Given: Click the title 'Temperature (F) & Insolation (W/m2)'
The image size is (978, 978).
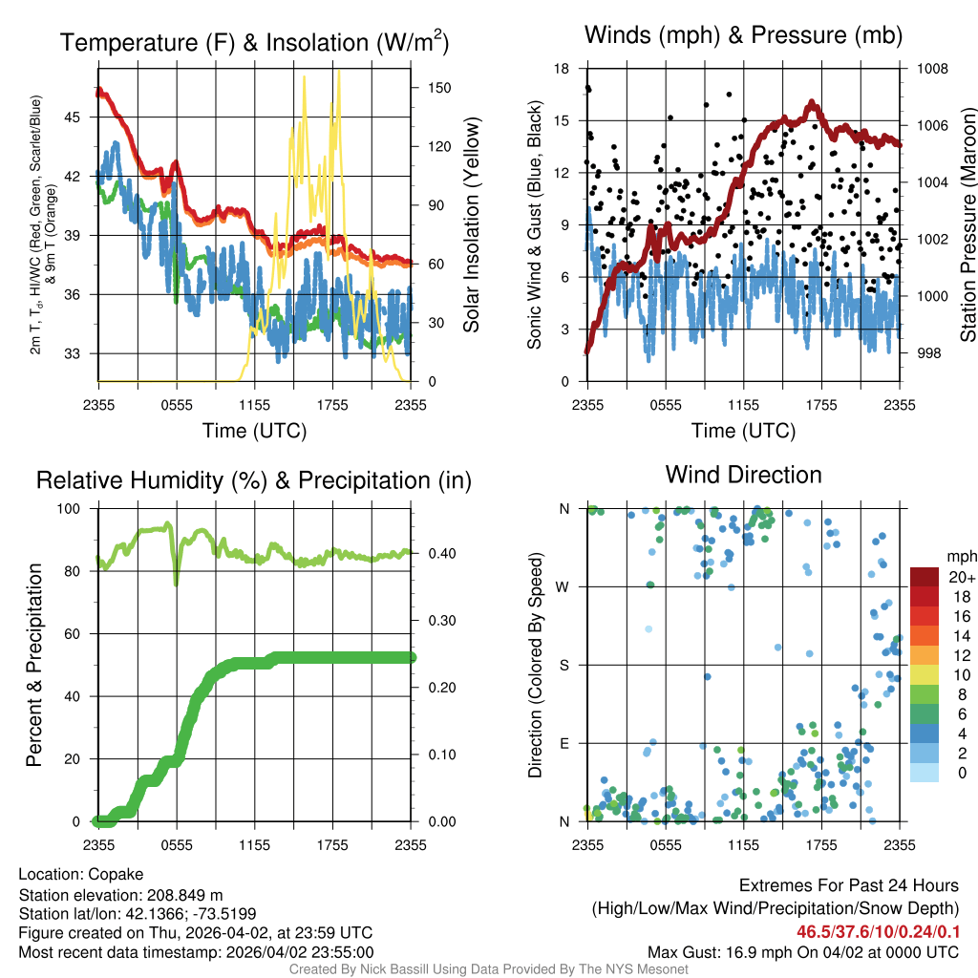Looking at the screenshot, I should [x=254, y=42].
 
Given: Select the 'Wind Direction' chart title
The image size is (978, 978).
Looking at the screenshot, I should [x=743, y=475].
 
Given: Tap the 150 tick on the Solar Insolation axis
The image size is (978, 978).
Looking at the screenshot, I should [x=439, y=87].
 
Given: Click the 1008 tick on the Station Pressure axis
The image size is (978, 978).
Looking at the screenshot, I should [x=930, y=69].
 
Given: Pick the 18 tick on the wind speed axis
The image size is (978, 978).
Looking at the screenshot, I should [x=562, y=69].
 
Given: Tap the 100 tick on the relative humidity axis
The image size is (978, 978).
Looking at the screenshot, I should [x=74, y=509].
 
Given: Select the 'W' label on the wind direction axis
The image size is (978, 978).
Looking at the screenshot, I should [x=563, y=587].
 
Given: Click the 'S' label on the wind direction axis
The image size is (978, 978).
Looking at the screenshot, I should [x=564, y=665].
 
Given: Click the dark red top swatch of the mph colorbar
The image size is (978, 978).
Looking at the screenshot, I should [x=925, y=577].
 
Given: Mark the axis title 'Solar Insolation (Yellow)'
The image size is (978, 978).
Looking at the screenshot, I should [x=472, y=225].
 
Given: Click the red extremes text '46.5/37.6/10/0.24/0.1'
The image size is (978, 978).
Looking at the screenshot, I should [x=878, y=930].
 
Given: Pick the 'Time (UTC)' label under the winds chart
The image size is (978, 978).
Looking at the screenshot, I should [x=743, y=431].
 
